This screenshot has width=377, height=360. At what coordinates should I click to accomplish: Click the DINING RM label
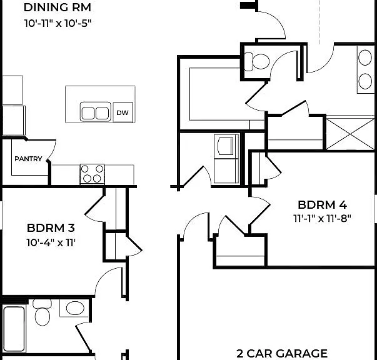tap(58, 7)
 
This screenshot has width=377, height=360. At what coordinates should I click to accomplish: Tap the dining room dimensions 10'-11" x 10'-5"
tap(58, 23)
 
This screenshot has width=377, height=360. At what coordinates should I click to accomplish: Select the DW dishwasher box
tap(123, 112)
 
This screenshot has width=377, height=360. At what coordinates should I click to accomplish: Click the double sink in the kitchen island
tap(96, 112)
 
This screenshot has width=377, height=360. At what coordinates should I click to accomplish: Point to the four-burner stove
tap(92, 174)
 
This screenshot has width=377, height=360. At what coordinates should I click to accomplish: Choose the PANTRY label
tap(28, 159)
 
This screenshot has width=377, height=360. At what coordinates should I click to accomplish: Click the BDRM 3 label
tap(51, 228)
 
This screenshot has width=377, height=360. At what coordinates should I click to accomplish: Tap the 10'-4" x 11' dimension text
tap(51, 242)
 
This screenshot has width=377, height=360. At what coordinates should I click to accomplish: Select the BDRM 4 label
tap(322, 205)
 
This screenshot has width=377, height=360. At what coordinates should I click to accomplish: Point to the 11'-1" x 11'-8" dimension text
tap(322, 219)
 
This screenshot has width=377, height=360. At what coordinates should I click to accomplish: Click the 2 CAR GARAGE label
tap(282, 354)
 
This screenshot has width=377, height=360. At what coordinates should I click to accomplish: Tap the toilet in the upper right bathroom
tap(257, 61)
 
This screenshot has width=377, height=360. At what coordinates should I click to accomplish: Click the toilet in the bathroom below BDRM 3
tap(43, 312)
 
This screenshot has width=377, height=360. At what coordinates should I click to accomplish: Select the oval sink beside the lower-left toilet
tap(75, 308)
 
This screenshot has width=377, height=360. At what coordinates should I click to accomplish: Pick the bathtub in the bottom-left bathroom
tap(14, 329)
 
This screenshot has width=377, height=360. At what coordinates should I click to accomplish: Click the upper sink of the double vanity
tap(365, 57)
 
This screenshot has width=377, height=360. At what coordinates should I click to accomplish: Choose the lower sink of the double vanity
tap(365, 81)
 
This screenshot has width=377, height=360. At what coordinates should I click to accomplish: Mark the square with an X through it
tap(350, 134)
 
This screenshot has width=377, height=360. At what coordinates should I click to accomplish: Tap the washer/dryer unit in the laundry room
tap(226, 159)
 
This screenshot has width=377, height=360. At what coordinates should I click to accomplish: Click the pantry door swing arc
tap(53, 150)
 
